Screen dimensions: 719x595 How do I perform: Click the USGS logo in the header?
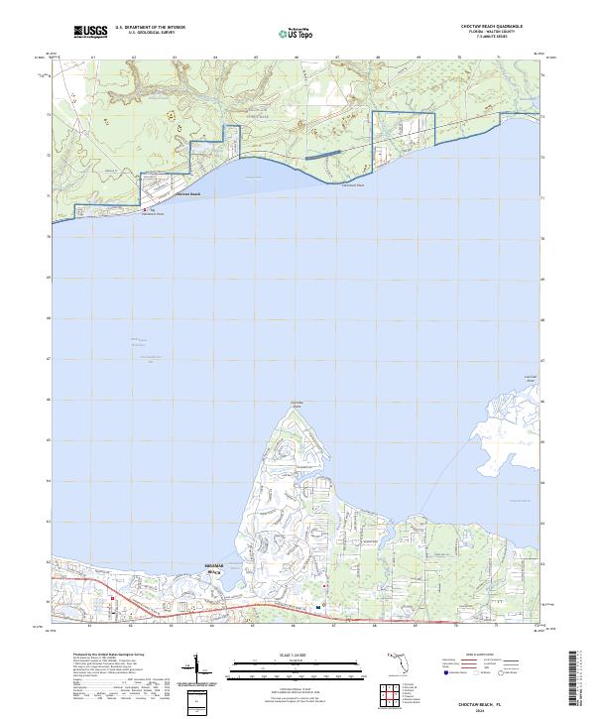tap(92, 32)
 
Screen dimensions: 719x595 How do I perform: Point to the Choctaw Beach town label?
tap(187, 194)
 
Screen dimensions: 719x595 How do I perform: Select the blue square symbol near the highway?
tap(318, 607)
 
